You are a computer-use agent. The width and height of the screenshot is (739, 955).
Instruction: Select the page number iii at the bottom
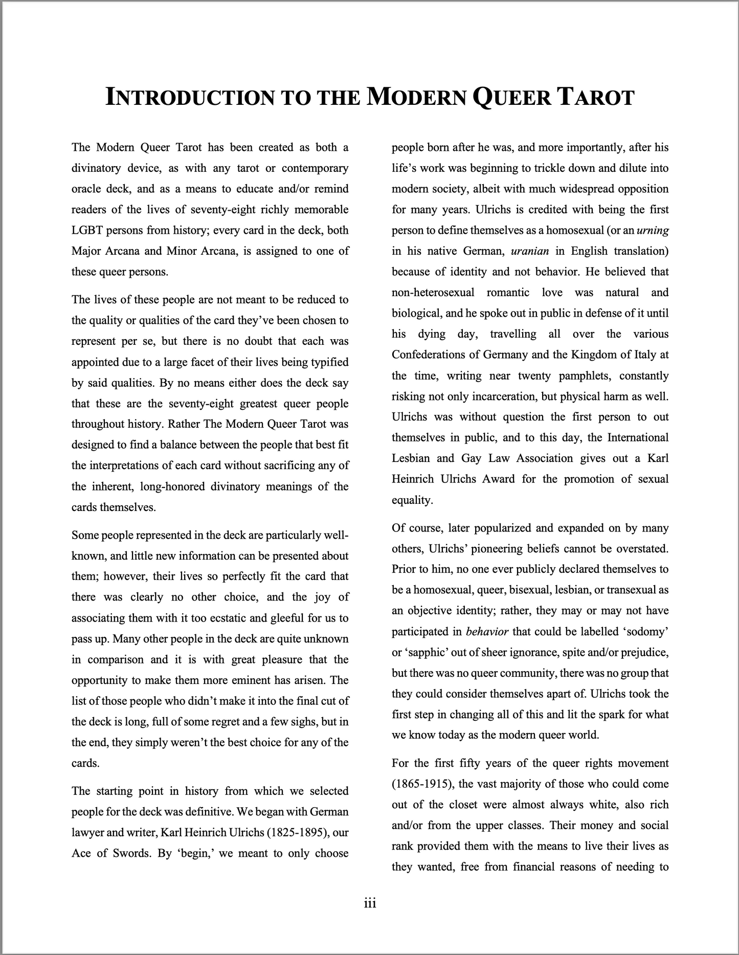[370, 903]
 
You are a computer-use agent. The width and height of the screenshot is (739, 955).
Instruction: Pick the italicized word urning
[653, 230]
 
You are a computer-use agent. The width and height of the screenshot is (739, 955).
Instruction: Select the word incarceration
[499, 396]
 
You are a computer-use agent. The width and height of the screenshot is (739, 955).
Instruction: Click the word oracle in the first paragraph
[87, 189]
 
